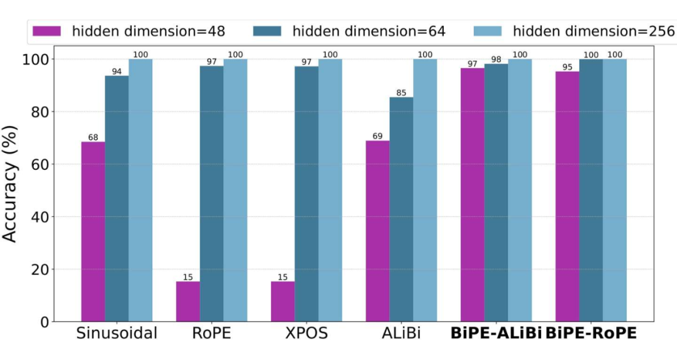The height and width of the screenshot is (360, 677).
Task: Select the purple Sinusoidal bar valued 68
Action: (x=93, y=231)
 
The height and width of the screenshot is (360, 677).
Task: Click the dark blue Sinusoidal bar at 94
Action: (x=117, y=198)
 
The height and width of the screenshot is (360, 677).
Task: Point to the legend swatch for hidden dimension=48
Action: (x=47, y=31)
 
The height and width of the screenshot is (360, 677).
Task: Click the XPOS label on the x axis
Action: (x=307, y=333)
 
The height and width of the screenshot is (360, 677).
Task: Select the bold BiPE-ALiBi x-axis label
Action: (x=496, y=333)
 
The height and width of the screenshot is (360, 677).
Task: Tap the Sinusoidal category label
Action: (x=117, y=333)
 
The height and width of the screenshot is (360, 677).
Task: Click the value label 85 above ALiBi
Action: (x=401, y=93)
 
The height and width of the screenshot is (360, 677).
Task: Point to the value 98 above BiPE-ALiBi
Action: (x=496, y=59)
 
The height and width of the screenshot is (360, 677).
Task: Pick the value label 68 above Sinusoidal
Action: (x=93, y=137)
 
